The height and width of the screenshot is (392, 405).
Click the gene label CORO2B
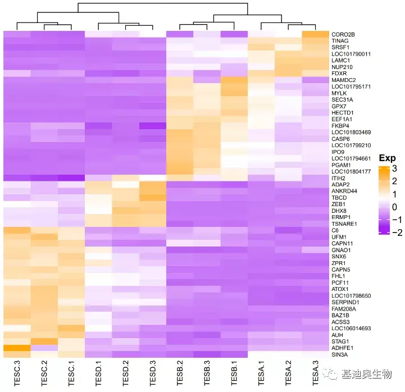[x=343, y=34]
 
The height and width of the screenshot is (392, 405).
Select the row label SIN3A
[x=340, y=354]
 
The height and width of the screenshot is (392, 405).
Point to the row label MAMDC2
[x=344, y=80]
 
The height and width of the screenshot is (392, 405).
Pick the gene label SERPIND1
[x=345, y=302]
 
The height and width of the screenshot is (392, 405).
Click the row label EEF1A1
[x=342, y=119]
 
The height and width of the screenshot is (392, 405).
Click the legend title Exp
[x=386, y=158]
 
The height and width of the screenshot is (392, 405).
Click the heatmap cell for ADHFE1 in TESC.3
[x=17, y=348]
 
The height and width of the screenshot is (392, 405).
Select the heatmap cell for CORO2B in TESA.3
[x=316, y=34]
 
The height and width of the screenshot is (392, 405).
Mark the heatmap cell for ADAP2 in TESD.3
[x=153, y=184]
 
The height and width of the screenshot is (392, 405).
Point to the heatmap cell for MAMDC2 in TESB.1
[x=235, y=80]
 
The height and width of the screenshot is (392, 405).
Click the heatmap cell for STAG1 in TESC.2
[x=44, y=341]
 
